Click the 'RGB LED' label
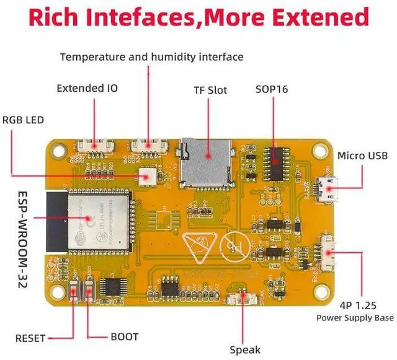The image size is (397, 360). (24, 120)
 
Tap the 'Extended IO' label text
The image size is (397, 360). (87, 88)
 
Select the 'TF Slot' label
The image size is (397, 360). (210, 90)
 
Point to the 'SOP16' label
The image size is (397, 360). (272, 89)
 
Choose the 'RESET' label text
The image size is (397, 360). (30, 338)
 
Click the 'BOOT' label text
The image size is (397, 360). (124, 337)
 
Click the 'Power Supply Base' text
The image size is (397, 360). (355, 318)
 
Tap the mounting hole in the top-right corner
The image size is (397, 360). (320, 149)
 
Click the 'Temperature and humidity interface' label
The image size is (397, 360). (151, 57)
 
